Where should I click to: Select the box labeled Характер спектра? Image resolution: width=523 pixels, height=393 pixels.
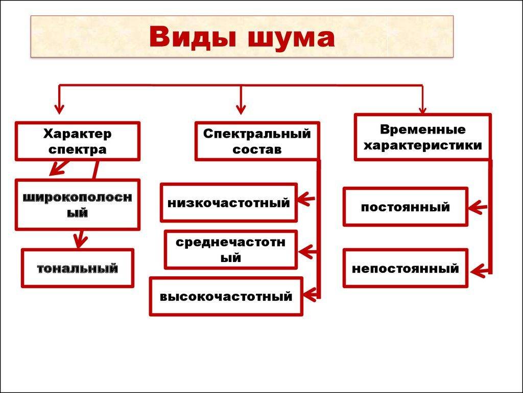coord(77,141)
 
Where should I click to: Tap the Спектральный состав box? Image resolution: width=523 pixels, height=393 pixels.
coord(257,141)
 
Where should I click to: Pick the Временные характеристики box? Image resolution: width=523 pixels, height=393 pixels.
coord(422,137)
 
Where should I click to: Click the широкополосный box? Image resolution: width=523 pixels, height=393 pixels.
coord(77,204)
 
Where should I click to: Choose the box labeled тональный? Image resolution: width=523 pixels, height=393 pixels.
coord(77,268)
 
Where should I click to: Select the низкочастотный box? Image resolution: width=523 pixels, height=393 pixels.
coord(228,203)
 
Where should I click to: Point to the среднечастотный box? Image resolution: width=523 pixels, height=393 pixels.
coord(230,250)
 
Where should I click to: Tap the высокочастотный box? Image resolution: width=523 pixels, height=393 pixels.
coord(226,296)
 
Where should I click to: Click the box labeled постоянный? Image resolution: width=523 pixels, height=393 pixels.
coord(405,207)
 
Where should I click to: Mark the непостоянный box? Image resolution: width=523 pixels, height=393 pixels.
coord(405,268)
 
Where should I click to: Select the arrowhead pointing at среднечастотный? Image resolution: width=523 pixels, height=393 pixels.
coord(306,252)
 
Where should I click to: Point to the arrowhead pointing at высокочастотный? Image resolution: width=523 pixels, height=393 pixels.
coord(310,294)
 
